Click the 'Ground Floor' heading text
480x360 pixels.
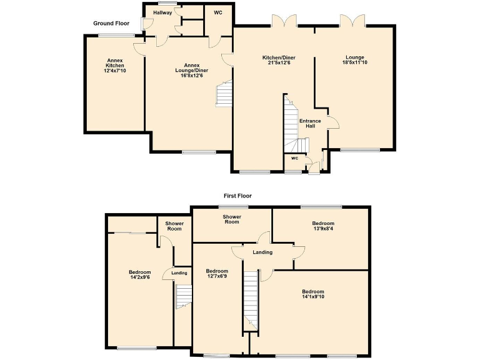(111, 23)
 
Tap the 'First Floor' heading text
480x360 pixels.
(238, 196)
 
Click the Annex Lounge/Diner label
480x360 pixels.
(191, 70)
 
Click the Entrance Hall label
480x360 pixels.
(310, 123)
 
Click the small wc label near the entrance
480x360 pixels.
(293, 159)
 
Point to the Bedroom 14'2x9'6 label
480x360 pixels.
(140, 275)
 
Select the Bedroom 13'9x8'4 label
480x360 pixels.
(323, 226)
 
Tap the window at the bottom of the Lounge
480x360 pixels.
(360, 150)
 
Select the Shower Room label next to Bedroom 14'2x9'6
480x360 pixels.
(174, 226)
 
